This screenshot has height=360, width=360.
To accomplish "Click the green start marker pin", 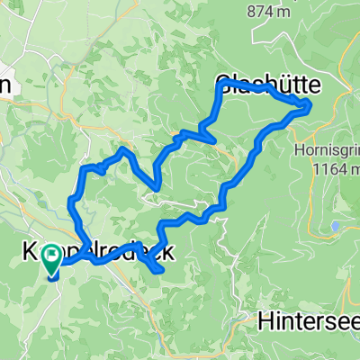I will click(52, 259).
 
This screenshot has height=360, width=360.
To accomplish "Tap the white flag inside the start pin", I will click(52, 256).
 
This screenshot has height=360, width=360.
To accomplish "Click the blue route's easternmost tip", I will click(310, 106).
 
